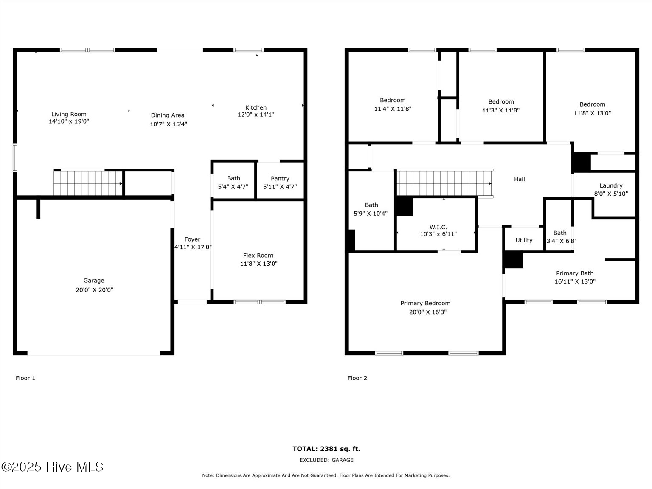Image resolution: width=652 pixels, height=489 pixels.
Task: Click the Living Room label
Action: [69, 114]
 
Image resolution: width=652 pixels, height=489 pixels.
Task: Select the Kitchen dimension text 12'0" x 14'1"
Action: [256, 115]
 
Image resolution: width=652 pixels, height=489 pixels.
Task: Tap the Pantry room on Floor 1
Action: [280, 182]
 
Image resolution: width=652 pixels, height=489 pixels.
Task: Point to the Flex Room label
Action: [258, 256]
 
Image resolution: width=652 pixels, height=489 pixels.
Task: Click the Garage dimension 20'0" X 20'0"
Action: [94, 290]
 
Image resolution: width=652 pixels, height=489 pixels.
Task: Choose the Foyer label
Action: [192, 239]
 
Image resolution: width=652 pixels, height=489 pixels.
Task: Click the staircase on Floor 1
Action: [88, 183]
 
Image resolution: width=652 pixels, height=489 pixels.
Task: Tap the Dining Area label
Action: [168, 115]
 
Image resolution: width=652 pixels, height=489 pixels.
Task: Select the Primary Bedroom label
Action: [425, 303]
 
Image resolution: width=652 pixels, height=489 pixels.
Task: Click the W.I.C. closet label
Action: [438, 227]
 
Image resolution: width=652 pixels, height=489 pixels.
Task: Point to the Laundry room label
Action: [611, 185]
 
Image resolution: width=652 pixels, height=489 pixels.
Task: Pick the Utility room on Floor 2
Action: [524, 240]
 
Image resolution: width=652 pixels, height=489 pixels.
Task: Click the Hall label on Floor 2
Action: [520, 179]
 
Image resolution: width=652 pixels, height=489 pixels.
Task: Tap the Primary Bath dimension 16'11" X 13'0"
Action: [575, 281]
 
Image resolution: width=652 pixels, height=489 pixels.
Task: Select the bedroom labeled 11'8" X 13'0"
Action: [592, 109]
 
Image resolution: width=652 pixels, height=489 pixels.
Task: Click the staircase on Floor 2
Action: [444, 183]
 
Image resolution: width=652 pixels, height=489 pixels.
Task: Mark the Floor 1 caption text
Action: [25, 378]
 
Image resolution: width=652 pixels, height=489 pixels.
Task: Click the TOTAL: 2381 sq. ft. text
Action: [326, 449]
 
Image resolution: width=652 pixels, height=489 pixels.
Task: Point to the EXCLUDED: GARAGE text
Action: [326, 460]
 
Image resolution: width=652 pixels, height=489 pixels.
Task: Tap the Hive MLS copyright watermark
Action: [52, 467]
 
